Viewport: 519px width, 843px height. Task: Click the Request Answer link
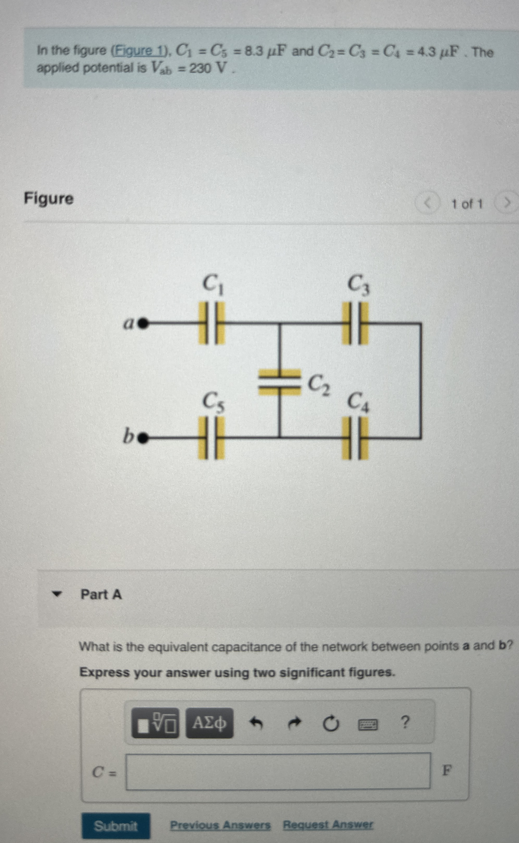(328, 824)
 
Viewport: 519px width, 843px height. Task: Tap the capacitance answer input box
(278, 771)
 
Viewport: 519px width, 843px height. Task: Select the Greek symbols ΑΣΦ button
(209, 723)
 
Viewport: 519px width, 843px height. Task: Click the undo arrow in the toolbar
(256, 723)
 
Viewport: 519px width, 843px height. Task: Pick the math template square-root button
(155, 723)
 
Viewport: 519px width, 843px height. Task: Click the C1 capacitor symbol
(212, 323)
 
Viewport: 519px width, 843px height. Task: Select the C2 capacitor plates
(279, 382)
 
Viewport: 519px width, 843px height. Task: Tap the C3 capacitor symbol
(355, 323)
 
